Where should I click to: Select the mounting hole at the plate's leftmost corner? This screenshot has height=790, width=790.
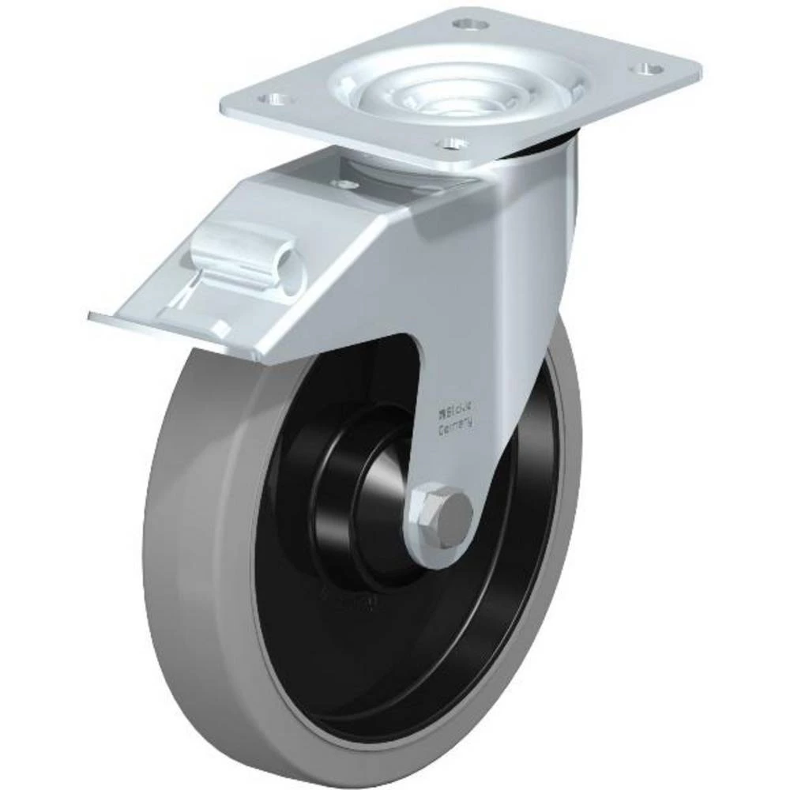coord(275,100)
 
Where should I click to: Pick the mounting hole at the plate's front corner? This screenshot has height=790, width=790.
coord(451,144)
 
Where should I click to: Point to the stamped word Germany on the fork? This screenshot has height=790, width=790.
coord(456,427)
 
